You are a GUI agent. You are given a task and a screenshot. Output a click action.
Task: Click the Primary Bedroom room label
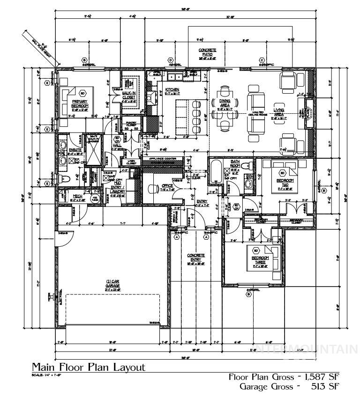pyautogui.click(x=80, y=103)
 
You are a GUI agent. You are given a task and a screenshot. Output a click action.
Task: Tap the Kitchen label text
pyautogui.click(x=172, y=89)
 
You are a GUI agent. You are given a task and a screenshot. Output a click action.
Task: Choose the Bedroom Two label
pyautogui.click(x=285, y=181)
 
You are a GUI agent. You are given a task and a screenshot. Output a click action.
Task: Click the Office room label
pyautogui.click(x=167, y=186)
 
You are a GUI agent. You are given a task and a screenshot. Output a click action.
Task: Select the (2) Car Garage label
pyautogui.click(x=112, y=284)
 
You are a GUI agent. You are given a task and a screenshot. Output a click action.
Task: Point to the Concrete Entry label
pyautogui.click(x=196, y=258)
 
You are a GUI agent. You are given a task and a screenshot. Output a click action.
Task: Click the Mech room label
pyautogui.click(x=78, y=196)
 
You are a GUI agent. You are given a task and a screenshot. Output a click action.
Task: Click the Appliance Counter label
pyautogui.click(x=163, y=159)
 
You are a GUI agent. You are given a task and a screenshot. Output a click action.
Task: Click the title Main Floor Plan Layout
pyautogui.click(x=89, y=367)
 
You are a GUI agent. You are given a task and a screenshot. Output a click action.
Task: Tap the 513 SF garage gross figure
pyautogui.click(x=323, y=387)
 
